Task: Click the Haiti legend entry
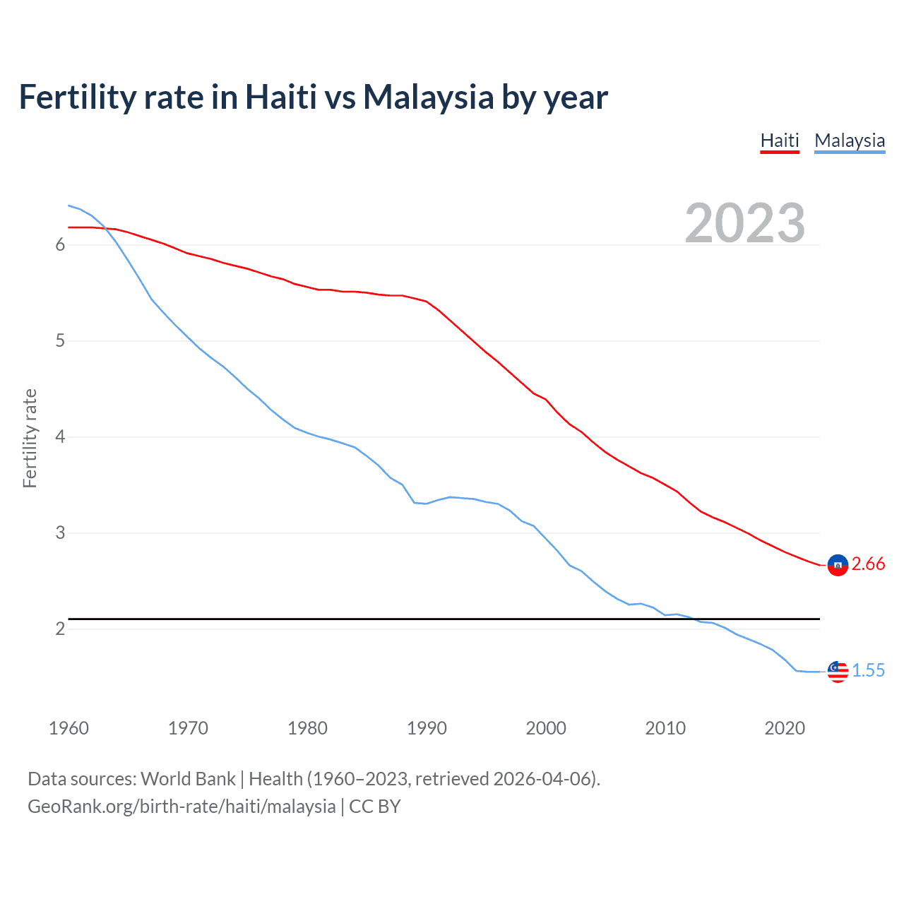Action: [780, 141]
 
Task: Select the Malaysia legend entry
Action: [850, 141]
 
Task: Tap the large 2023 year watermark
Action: [745, 223]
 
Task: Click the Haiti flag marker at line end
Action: [838, 565]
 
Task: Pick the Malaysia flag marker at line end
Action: [838, 672]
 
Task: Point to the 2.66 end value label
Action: [868, 564]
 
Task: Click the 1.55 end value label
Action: [868, 670]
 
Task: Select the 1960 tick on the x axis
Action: [69, 728]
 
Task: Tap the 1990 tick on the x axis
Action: [427, 728]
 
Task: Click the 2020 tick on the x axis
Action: [785, 728]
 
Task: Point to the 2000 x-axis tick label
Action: [546, 728]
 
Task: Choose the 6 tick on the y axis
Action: [60, 245]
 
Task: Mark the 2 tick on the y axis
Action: [60, 629]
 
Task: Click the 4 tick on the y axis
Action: [60, 437]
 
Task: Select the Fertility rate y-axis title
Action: [30, 438]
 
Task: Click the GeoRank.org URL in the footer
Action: [182, 807]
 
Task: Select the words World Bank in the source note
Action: [188, 779]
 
